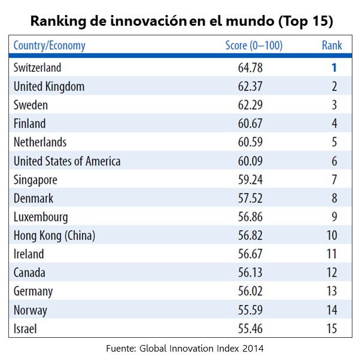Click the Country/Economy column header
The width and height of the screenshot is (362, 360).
coord(50,46)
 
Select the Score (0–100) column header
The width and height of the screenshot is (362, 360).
coord(254,46)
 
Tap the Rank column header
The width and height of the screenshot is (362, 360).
coord(332,46)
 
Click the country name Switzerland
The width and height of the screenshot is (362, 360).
coord(37,68)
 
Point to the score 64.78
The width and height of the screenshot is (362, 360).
coord(250,68)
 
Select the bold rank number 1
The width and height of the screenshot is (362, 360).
coord(334,68)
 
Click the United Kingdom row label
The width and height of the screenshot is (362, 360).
coord(49,86)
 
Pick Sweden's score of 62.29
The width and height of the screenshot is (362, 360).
coord(250,105)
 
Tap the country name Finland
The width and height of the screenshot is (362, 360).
coord(29,123)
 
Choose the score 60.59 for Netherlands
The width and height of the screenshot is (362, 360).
coord(250,142)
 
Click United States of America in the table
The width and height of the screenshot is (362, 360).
coord(67,161)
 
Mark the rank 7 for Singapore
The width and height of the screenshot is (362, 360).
coord(334,180)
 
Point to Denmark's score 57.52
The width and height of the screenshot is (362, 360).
coord(250,198)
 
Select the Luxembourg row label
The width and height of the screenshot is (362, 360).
coord(41,217)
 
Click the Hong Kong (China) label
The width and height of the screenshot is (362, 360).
coord(54,235)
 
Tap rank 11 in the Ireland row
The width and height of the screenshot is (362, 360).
coord(331,254)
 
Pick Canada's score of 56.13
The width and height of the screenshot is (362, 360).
coord(250,273)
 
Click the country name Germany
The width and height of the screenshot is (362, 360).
coord(33,291)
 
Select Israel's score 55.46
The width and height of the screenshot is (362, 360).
coord(250,328)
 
